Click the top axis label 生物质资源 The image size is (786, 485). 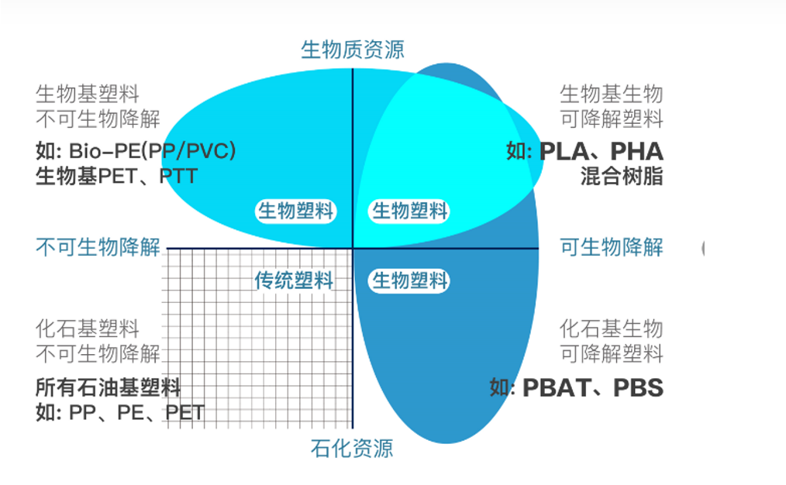click(353, 50)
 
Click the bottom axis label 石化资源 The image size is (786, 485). click(352, 449)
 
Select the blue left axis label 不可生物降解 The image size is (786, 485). click(98, 247)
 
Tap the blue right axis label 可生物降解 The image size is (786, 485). click(612, 247)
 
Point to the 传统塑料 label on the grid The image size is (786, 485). click(294, 280)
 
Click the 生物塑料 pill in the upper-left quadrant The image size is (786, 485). click(296, 211)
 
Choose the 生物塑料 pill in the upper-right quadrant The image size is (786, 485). click(409, 211)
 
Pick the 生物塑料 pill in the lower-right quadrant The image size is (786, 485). click(409, 280)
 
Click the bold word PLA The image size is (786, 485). click(564, 151)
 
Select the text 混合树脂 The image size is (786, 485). click(622, 177)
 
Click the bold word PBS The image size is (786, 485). click(639, 388)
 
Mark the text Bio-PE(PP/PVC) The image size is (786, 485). click(153, 151)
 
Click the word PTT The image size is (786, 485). click(178, 177)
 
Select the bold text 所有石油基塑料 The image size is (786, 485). click(109, 388)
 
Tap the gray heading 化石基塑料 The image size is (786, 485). click(88, 329)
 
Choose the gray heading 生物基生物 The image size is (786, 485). click(612, 95)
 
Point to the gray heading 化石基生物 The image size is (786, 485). click(612, 329)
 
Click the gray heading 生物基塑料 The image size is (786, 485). click(88, 95)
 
